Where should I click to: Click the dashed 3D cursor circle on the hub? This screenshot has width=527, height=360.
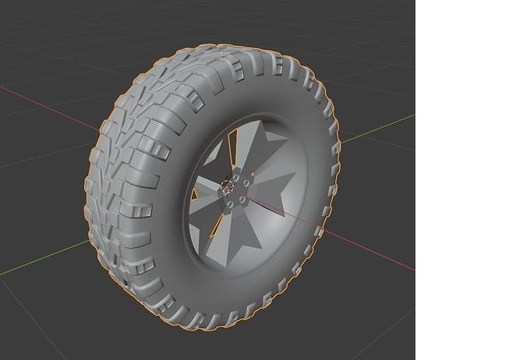(228, 185)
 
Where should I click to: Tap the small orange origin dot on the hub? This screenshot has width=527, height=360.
(252, 172)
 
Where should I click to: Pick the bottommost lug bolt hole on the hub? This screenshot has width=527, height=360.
(232, 206)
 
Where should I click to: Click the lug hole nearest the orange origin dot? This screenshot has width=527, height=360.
(246, 182)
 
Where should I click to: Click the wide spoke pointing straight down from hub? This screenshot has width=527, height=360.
(234, 242)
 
